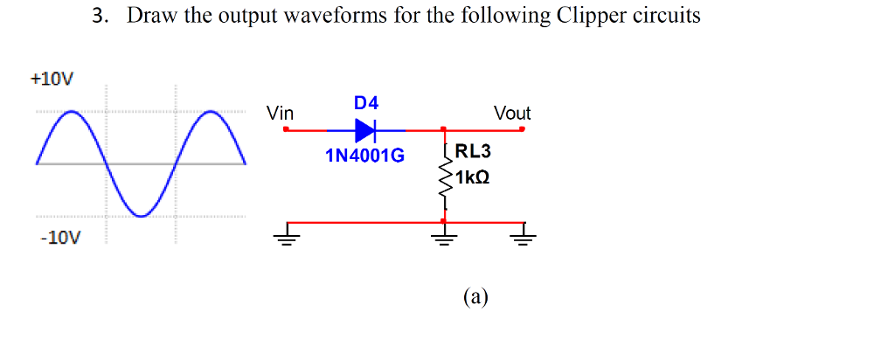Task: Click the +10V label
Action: (x=52, y=78)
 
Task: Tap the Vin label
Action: (x=281, y=113)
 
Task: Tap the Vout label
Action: (x=511, y=113)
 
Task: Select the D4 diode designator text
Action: (x=366, y=103)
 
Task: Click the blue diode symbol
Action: (x=365, y=130)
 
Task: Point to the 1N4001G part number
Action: (x=364, y=156)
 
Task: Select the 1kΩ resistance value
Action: (x=471, y=177)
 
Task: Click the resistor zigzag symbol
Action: (x=446, y=179)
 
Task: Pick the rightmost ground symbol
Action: (x=523, y=234)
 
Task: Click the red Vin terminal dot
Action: (x=287, y=130)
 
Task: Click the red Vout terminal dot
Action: (x=522, y=130)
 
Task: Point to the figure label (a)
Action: (x=476, y=297)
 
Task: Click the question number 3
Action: (x=98, y=17)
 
